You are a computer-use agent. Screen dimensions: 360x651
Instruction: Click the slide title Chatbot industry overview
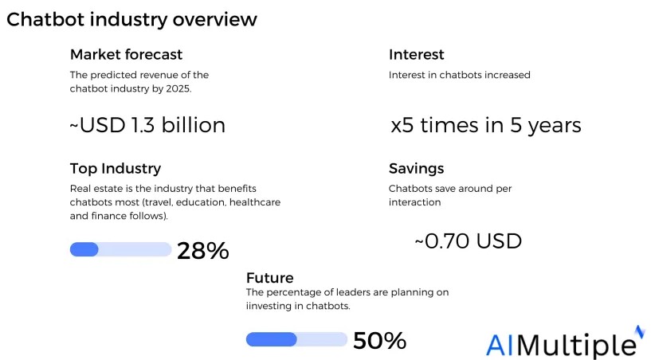[131, 19]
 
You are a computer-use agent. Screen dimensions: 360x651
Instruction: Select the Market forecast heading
[126, 55]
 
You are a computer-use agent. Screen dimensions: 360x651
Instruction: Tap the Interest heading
[416, 55]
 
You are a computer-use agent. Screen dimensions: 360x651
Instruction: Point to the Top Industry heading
[116, 169]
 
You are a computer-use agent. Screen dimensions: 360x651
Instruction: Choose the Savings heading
[416, 169]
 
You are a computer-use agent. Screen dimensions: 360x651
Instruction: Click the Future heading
[269, 278]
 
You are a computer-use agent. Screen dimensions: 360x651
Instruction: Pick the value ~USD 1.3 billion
[148, 125]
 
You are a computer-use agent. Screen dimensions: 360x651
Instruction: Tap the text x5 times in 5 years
[485, 126]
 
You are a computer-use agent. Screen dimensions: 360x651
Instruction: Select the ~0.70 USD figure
[468, 240]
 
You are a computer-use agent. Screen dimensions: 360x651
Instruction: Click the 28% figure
[202, 251]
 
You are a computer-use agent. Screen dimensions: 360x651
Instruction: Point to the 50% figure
[379, 341]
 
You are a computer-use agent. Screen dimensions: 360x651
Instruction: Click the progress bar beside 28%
[120, 249]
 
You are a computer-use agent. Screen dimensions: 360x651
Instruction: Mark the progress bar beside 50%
[296, 339]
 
